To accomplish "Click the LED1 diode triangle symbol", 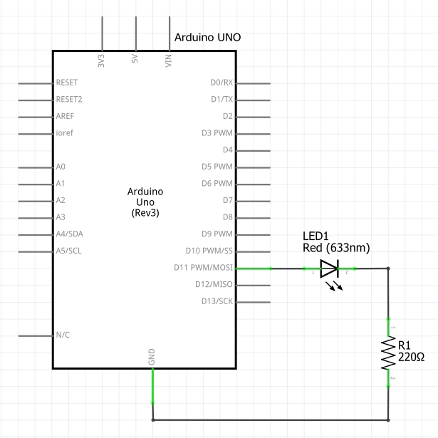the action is pos(330,268).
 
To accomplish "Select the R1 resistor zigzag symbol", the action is pos(388,353).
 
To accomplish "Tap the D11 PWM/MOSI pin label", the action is pos(204,268).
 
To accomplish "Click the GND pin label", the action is pos(152,357).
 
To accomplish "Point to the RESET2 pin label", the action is pos(69,99).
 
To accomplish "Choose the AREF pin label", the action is pos(65,116).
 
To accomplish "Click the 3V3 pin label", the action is pos(101,61).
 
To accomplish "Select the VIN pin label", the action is pos(168,61).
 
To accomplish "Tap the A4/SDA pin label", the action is pos(69,234).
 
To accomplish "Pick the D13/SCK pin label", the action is pos(217,301).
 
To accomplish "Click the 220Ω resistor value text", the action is pos(411,357).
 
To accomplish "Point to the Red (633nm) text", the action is pos(336,248).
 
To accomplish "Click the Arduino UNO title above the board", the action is pos(207,37).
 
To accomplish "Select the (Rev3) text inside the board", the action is pos(145,213).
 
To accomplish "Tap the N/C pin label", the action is pos(63,335).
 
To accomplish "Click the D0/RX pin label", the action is pos(221,83).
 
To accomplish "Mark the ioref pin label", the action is pos(65,132).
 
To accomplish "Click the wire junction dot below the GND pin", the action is pos(153,420).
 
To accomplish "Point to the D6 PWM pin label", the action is pos(217,183).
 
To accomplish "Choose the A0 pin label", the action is pos(61,167).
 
